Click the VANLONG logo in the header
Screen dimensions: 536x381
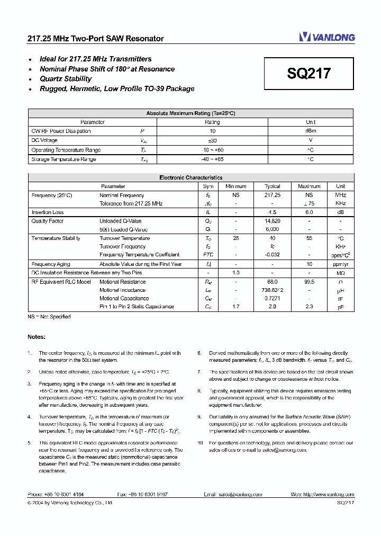pos(326,37)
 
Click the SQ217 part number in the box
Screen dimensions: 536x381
pos(309,74)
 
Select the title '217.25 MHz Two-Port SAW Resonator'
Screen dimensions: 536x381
pos(95,39)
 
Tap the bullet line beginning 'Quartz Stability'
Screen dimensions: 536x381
pos(66,79)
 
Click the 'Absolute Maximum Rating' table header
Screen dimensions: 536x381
pos(190,113)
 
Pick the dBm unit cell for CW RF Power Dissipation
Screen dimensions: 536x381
pos(311,131)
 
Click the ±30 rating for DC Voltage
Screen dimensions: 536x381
pos(212,141)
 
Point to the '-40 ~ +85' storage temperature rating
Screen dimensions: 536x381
pos(212,159)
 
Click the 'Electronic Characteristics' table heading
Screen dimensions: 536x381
pos(190,178)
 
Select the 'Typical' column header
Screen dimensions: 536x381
pos(272,186)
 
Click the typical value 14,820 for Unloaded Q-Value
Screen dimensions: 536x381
pos(272,221)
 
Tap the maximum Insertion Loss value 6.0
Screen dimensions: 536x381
pos(309,212)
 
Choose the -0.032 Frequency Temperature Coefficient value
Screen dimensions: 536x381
pos(272,255)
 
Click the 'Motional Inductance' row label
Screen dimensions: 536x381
pos(122,290)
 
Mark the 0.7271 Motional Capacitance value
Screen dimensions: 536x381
pos(272,299)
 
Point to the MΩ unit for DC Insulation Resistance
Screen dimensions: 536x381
pos(340,273)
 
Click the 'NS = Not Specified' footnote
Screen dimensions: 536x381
pos(49,317)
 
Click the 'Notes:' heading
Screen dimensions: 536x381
pos(37,337)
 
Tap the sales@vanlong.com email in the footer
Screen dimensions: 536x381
pos(240,494)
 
